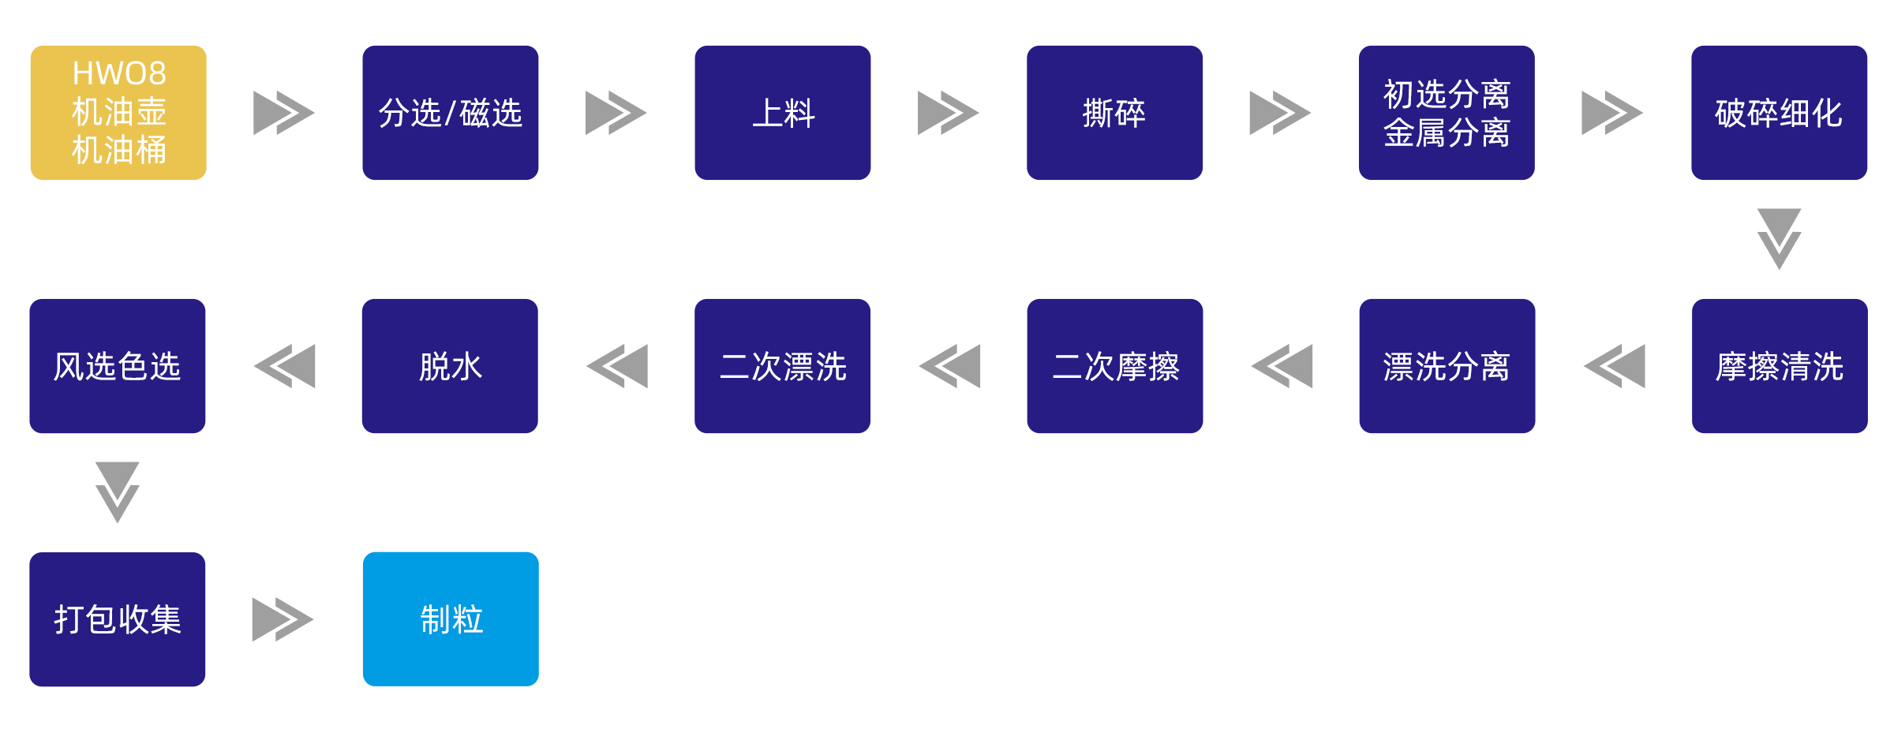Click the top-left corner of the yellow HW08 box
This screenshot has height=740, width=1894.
click(x=32, y=47)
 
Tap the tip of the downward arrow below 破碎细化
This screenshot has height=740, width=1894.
click(x=1779, y=270)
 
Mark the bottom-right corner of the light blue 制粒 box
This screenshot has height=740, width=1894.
click(x=538, y=686)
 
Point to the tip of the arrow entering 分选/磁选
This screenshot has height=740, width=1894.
click(x=315, y=113)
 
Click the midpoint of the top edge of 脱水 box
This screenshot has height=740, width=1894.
click(x=450, y=299)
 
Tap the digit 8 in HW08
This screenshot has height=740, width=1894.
click(x=156, y=73)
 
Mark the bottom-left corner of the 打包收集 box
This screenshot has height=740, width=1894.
click(x=31, y=686)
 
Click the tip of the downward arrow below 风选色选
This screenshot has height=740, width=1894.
click(x=118, y=523)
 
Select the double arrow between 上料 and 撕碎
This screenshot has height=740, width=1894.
click(x=948, y=113)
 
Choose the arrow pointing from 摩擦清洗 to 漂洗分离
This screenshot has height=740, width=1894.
click(x=1615, y=366)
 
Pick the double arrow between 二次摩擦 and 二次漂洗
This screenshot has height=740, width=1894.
click(x=949, y=366)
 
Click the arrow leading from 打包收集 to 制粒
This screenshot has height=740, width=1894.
click(x=283, y=619)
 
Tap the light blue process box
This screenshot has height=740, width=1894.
click(x=451, y=619)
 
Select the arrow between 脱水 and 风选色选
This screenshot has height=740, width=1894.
click(x=285, y=366)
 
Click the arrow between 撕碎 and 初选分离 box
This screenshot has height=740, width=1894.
click(x=1280, y=113)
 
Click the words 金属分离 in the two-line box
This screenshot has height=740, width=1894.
click(x=1447, y=133)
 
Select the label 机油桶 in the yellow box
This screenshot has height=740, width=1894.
click(x=119, y=150)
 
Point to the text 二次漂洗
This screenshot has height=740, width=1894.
click(x=783, y=367)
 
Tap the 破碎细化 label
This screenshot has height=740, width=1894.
click(x=1779, y=114)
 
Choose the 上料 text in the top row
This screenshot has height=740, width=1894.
click(x=783, y=114)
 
